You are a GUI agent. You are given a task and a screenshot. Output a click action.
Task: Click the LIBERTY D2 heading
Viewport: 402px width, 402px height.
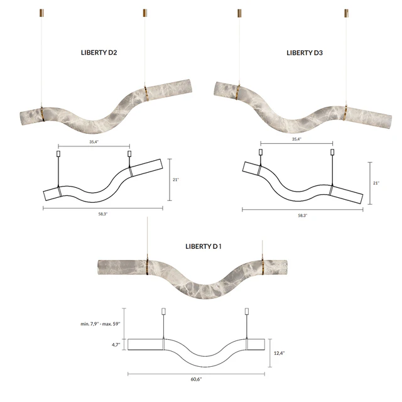coord(99,53)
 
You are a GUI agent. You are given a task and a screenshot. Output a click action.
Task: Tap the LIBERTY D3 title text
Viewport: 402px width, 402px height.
coord(305,53)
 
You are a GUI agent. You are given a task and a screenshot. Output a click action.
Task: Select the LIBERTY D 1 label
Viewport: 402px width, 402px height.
coord(204,246)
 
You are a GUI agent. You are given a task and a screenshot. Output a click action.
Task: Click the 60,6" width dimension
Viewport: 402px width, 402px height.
coord(196,379)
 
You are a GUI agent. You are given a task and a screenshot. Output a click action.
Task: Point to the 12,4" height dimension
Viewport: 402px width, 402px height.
coord(279,353)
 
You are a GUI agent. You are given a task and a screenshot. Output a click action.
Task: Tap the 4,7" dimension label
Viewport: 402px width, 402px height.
coord(116,345)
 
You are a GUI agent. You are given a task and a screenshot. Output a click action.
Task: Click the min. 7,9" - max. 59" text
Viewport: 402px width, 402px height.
coord(100,324)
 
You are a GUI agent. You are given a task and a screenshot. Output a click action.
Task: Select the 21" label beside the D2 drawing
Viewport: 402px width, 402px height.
coord(176,180)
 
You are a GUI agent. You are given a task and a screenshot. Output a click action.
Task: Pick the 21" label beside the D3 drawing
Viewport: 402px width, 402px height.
coord(376,183)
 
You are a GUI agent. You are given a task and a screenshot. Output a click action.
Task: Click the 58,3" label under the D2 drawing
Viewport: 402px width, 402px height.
coord(103,214)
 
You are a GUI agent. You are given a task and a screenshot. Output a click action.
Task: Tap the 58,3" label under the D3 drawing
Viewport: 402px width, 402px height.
coord(303,215)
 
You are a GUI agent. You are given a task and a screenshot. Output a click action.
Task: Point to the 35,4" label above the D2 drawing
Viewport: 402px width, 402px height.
coord(94,142)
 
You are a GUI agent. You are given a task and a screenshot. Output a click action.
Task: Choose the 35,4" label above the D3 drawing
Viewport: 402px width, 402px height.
coord(296,139)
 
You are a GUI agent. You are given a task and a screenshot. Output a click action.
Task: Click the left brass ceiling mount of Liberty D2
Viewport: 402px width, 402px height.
coord(41,13)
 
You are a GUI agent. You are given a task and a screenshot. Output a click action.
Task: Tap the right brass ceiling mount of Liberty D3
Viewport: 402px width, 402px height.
coord(346,13)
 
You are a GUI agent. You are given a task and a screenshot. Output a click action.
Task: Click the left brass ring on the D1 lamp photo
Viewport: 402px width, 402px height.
coord(148,267)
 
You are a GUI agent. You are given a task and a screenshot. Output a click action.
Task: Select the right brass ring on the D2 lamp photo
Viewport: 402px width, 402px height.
coord(146,94)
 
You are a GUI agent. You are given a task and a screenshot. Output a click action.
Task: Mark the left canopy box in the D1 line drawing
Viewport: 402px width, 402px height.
coord(163,312)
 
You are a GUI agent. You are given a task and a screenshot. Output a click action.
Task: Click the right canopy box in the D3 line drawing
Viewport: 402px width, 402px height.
coord(332,152)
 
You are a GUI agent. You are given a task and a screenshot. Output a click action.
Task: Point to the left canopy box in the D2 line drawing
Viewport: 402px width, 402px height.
coord(58,154)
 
